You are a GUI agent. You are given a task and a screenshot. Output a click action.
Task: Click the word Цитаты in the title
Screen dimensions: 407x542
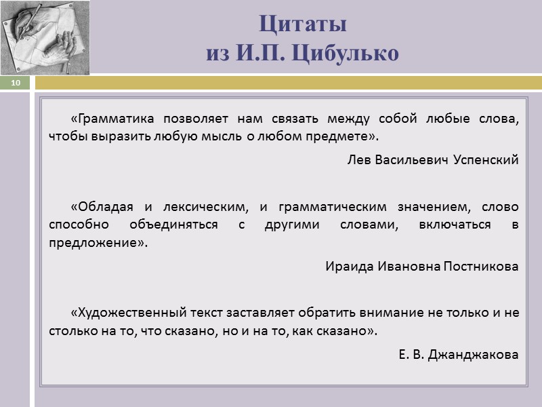click(x=303, y=24)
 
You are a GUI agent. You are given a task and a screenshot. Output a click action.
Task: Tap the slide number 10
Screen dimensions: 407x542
click(x=16, y=83)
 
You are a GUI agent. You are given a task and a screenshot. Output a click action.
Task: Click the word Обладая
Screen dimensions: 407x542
click(x=104, y=206)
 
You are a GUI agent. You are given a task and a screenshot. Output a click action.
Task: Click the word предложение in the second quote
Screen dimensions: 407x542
click(x=95, y=242)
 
